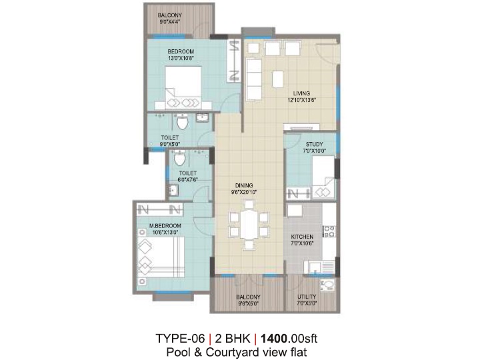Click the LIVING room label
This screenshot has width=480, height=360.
pyautogui.click(x=301, y=93)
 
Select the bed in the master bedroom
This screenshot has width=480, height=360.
pyautogui.click(x=161, y=257)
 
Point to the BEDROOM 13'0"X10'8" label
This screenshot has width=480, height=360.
pyautogui.click(x=181, y=55)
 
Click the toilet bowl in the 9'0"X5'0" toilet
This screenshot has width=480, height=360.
pyautogui.click(x=183, y=122)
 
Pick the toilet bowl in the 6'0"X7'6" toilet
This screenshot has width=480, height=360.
pyautogui.click(x=179, y=158)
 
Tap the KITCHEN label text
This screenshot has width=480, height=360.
pyautogui.click(x=302, y=237)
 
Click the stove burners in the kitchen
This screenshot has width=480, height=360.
pyautogui.click(x=329, y=231)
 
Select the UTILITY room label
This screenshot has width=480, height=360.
pyautogui.click(x=307, y=297)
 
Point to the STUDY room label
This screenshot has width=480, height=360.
pyautogui.click(x=315, y=144)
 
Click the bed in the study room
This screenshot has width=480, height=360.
pyautogui.click(x=323, y=177)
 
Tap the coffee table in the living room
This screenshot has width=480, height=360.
pyautogui.click(x=277, y=79)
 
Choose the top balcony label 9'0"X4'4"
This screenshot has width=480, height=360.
pyautogui.click(x=169, y=22)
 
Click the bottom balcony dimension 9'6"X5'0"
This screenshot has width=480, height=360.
pyautogui.click(x=248, y=304)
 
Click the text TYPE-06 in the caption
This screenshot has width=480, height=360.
pyautogui.click(x=180, y=339)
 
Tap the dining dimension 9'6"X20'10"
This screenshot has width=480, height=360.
pyautogui.click(x=244, y=192)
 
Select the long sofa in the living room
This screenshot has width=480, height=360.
pyautogui.click(x=254, y=79)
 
